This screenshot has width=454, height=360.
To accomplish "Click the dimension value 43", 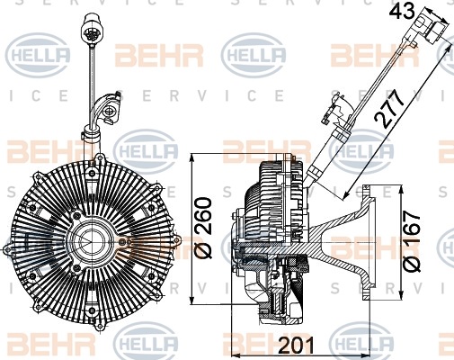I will (402, 12).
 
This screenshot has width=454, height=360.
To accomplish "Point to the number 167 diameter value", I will (411, 228).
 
